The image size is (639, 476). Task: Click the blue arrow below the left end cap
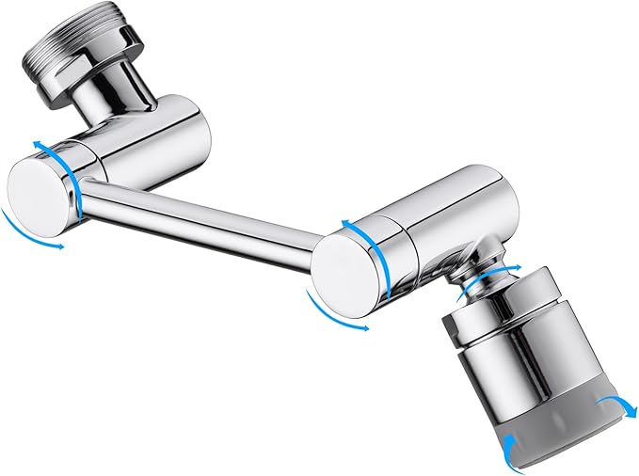[28, 231]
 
